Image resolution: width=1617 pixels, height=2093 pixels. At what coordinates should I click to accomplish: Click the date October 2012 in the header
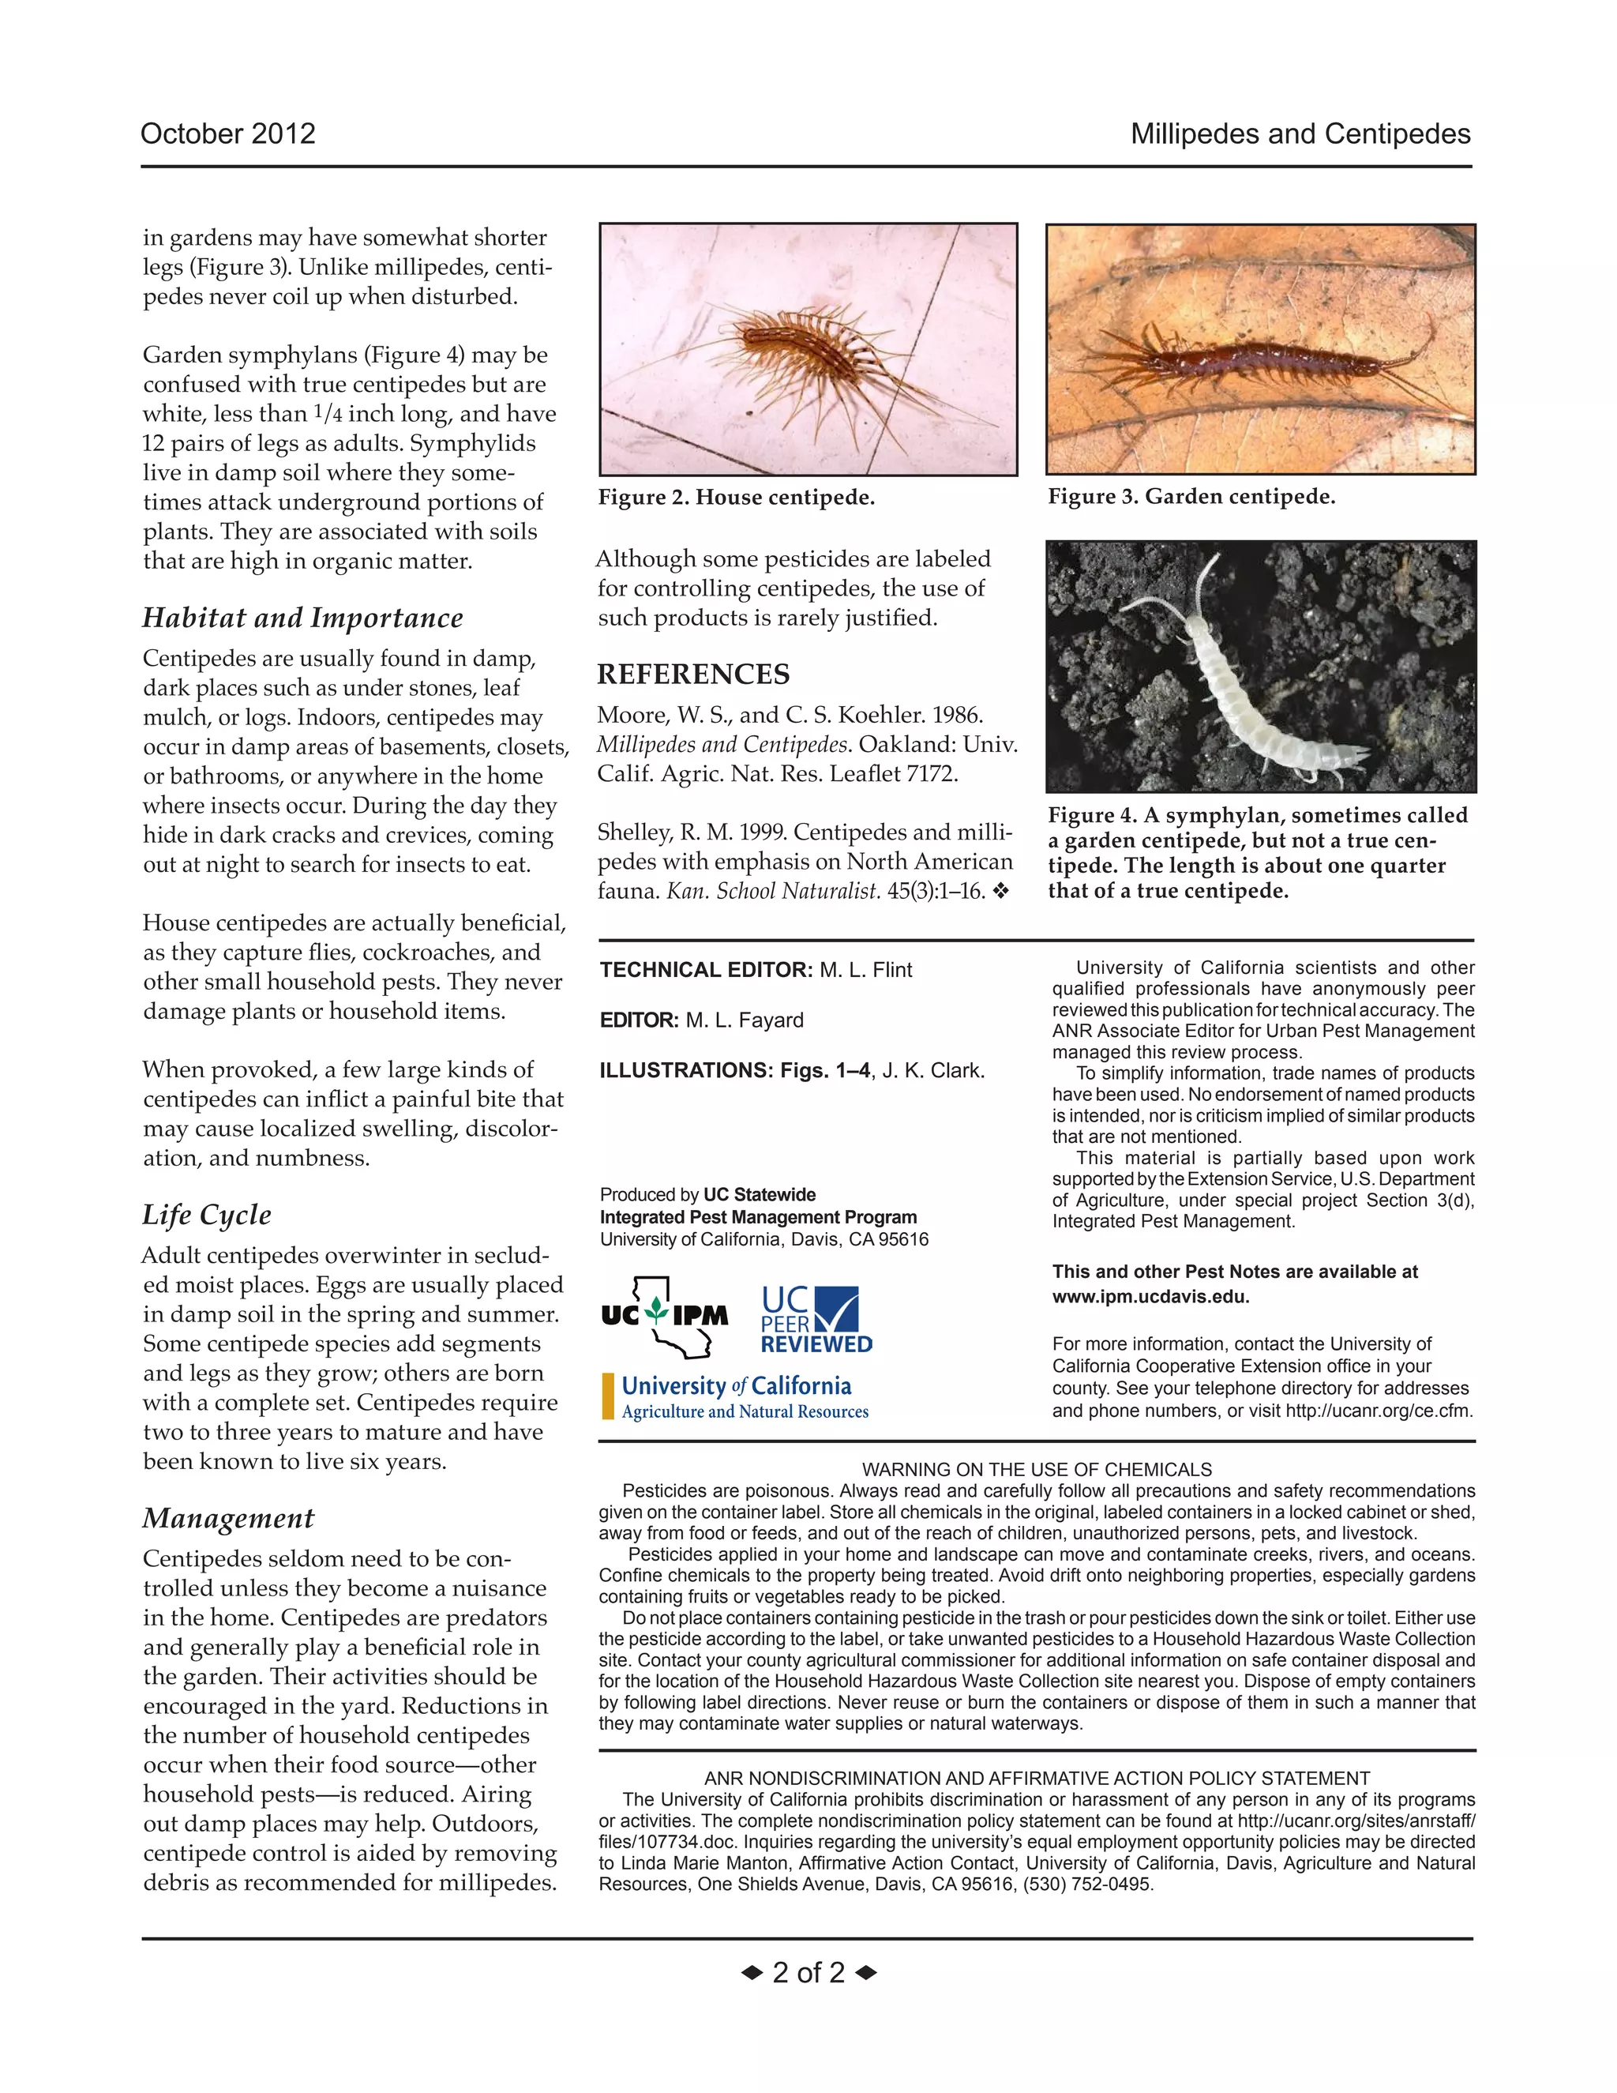click(228, 133)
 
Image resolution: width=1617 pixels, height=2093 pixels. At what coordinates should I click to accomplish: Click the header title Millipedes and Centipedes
click(1300, 133)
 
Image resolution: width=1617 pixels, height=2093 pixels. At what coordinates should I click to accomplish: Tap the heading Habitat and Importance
click(302, 617)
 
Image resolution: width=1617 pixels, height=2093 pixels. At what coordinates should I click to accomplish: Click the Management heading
click(228, 1518)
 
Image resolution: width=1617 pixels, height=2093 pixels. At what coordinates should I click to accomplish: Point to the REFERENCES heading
click(693, 674)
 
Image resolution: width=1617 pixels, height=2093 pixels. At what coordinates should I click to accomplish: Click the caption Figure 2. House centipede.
click(736, 498)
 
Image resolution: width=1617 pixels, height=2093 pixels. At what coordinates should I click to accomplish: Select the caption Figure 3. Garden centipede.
click(1191, 497)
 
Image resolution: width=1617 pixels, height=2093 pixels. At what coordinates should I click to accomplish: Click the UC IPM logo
click(665, 1317)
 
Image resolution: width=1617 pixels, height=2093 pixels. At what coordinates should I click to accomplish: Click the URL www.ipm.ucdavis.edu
click(1150, 1297)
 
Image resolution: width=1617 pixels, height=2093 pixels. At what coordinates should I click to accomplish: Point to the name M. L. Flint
click(865, 970)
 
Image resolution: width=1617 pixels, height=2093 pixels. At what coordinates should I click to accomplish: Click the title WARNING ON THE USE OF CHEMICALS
click(1037, 1469)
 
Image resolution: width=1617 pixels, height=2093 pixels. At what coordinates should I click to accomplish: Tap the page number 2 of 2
click(808, 1972)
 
